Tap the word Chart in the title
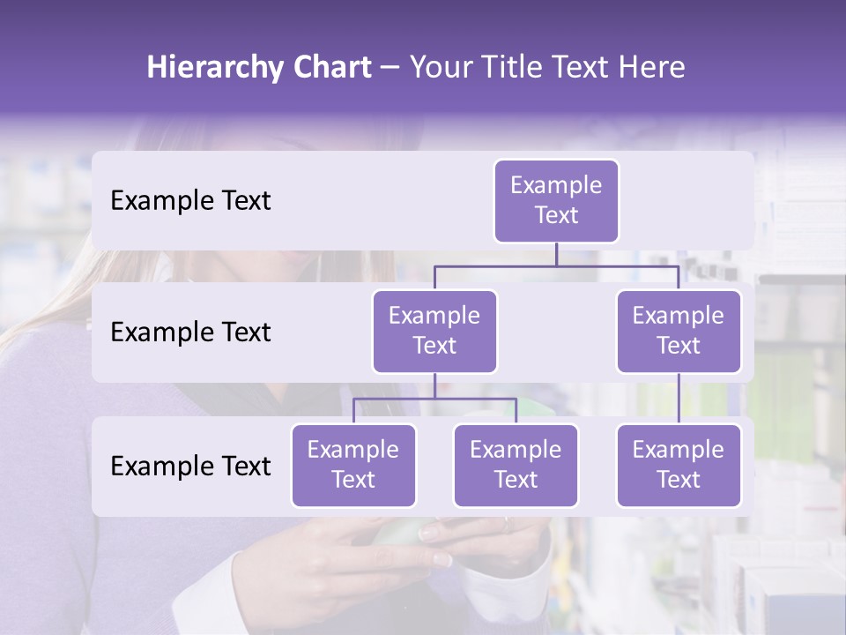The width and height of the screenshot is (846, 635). [x=327, y=68]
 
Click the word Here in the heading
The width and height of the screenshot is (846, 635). [x=650, y=68]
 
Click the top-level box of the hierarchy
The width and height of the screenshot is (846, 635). [x=556, y=200]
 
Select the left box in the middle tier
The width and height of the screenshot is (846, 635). [x=434, y=331]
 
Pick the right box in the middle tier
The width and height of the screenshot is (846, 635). [x=679, y=331]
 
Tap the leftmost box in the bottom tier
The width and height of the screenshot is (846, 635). [x=353, y=465]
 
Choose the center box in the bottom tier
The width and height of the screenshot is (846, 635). [x=516, y=465]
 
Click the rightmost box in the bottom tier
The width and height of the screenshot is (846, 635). [x=679, y=465]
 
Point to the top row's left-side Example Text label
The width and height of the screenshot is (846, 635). [x=190, y=201]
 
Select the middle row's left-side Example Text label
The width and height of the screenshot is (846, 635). [x=190, y=332]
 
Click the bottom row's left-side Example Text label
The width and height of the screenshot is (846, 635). [x=190, y=466]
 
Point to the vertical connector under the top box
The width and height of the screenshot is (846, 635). [x=556, y=254]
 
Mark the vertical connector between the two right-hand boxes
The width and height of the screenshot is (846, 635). [x=679, y=398]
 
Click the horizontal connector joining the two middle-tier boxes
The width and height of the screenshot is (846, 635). [x=556, y=265]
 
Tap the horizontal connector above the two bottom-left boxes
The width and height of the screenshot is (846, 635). [x=434, y=399]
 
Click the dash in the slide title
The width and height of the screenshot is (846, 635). [x=390, y=68]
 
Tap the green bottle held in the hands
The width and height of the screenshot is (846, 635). [x=401, y=534]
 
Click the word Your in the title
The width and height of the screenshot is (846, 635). [x=440, y=68]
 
